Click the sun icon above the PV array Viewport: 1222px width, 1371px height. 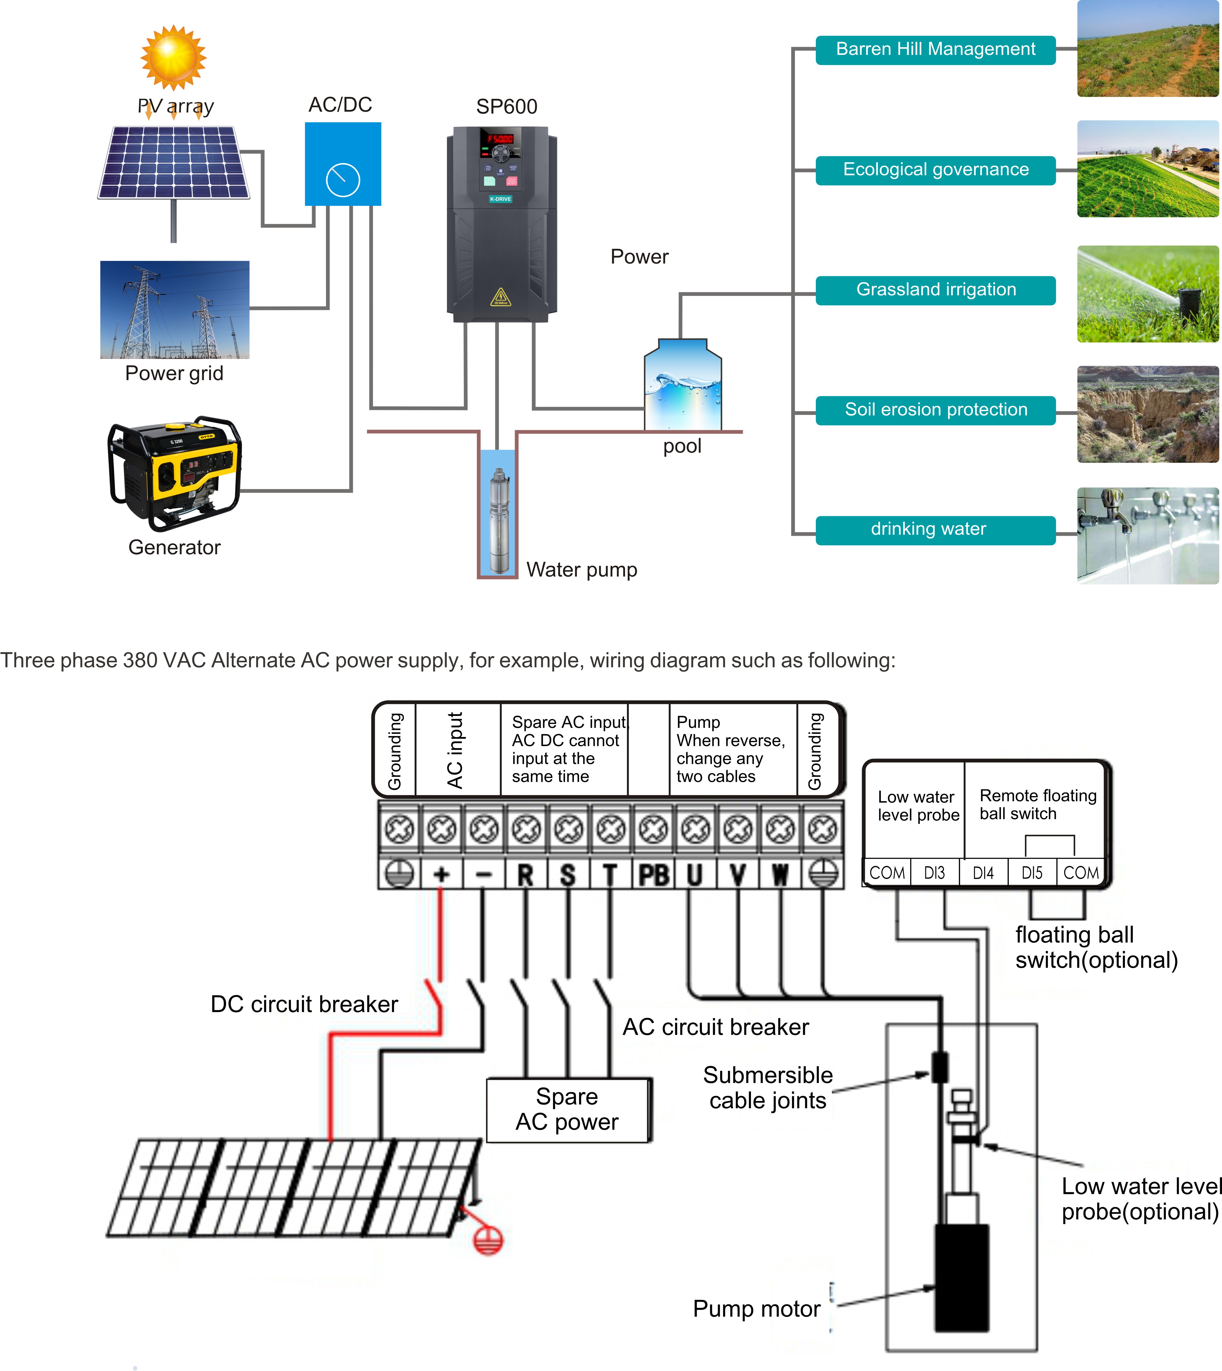(173, 58)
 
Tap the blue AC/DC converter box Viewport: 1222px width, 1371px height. (343, 164)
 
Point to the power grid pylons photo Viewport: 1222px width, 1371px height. (175, 309)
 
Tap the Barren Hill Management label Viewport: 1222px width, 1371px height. (935, 50)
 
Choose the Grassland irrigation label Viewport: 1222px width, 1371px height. (935, 290)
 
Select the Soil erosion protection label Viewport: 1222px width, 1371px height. (935, 410)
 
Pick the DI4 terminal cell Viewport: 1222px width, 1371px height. (983, 872)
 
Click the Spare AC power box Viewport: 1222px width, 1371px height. (568, 1109)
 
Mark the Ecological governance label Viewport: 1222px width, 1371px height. (935, 170)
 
